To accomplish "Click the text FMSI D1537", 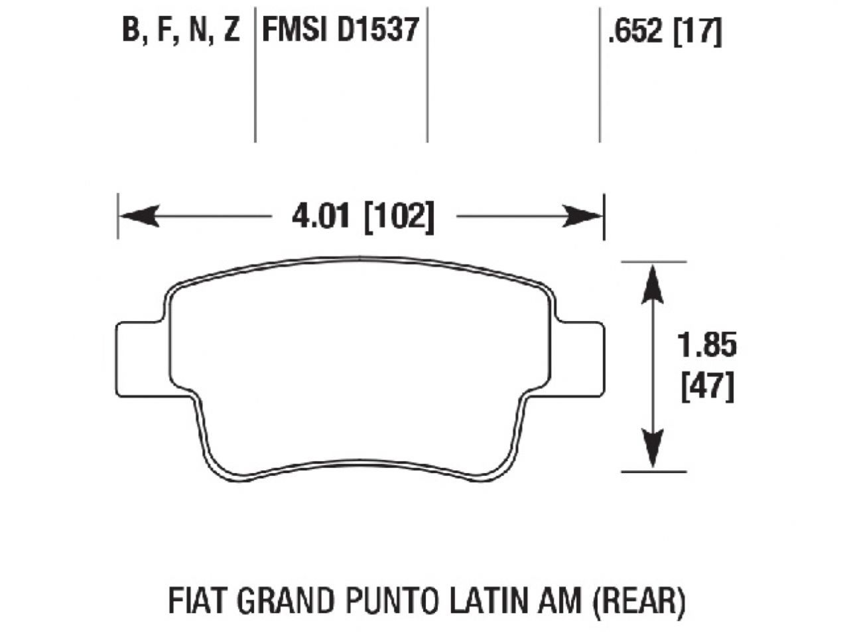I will [341, 30].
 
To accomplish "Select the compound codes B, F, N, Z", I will [180, 30].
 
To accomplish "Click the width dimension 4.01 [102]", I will [363, 216].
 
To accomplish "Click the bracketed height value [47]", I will [708, 386].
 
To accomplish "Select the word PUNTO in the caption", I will [395, 601].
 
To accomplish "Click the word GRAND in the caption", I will [287, 601].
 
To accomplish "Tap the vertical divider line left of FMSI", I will [255, 73].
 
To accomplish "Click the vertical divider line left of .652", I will [600, 73].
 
